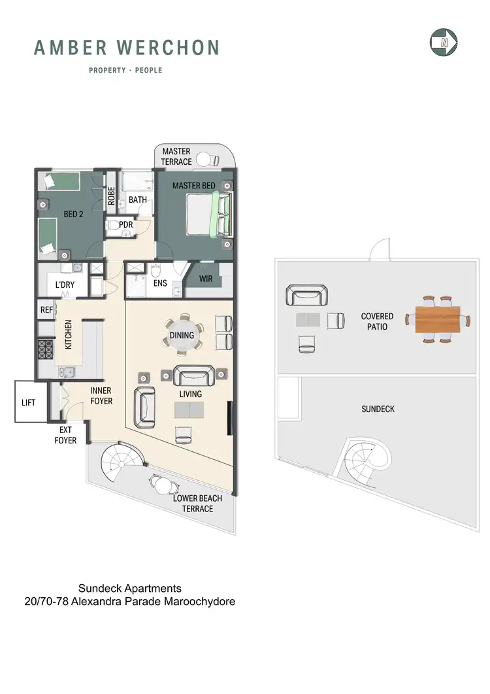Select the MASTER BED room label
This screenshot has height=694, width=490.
pyautogui.click(x=193, y=186)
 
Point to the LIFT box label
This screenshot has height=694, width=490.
pyautogui.click(x=28, y=403)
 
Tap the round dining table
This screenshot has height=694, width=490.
pyautogui.click(x=182, y=336)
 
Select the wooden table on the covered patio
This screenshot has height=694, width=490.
pyautogui.click(x=437, y=320)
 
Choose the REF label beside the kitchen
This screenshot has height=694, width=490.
pyautogui.click(x=46, y=311)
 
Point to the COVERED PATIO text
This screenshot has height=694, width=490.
pyautogui.click(x=377, y=321)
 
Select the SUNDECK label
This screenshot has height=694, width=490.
pyautogui.click(x=378, y=409)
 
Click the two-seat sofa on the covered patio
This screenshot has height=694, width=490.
pyautogui.click(x=306, y=298)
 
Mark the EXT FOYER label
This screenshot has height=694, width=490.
pyautogui.click(x=65, y=436)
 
